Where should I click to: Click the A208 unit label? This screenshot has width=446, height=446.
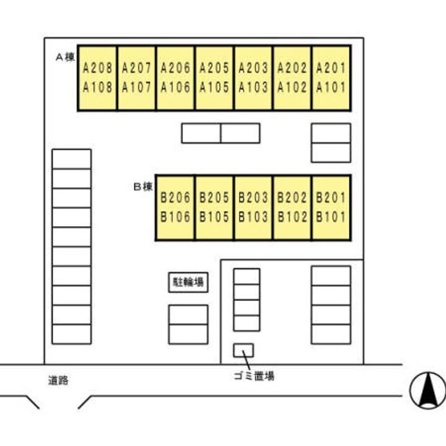point(98,68)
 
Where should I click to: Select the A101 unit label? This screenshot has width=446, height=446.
point(331,87)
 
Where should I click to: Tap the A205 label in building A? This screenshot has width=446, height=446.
point(214,68)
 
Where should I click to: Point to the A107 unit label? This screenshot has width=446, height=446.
point(136,87)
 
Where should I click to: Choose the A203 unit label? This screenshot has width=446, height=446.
point(253,68)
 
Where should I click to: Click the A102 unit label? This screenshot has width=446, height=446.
point(292,87)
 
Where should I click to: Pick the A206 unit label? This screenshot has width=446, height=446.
point(175,68)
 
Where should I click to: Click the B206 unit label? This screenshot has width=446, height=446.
point(175,198)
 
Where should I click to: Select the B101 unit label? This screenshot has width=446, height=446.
point(331,217)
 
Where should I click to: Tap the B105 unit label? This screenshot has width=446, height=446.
point(214,217)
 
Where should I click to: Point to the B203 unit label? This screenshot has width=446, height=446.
point(253,198)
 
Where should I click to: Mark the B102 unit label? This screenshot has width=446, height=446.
point(292,217)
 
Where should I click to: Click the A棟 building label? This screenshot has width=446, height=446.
point(65,57)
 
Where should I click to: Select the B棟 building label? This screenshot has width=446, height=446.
point(143,186)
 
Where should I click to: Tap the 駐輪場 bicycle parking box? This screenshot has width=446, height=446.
point(188,282)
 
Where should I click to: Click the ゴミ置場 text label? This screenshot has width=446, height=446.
point(254,376)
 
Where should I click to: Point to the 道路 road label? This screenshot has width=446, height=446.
point(58,380)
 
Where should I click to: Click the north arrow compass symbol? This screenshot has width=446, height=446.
point(428,390)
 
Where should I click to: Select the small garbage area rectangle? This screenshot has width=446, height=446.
point(243,350)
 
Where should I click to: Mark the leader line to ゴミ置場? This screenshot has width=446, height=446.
point(247,360)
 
